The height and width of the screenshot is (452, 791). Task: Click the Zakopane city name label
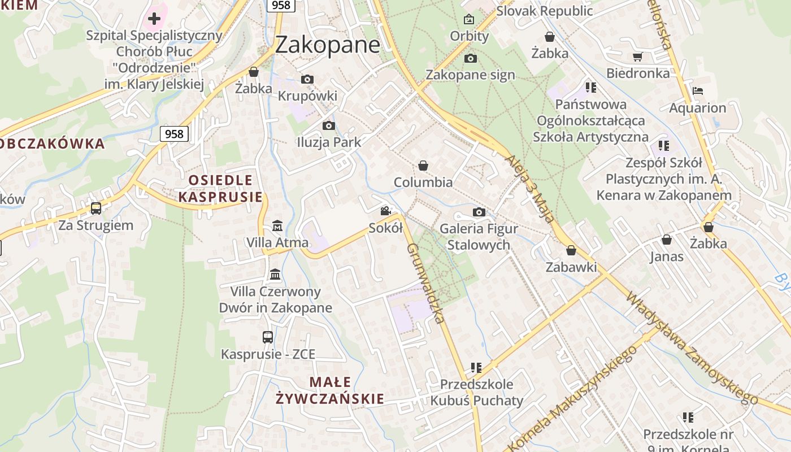tap(328, 45)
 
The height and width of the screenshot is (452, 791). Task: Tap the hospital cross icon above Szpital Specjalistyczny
tap(154, 19)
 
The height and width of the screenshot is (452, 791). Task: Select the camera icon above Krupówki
tap(307, 79)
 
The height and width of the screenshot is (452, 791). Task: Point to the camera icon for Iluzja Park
tap(328, 125)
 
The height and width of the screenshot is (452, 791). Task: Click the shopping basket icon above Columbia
tap(423, 166)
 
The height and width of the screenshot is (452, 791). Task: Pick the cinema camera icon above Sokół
tap(385, 211)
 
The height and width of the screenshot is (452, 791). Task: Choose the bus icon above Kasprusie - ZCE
tap(268, 337)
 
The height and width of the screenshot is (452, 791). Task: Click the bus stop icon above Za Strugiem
tap(96, 208)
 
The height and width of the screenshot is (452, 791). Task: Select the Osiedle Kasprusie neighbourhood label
tap(220, 188)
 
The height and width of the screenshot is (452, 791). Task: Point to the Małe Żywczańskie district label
tap(330, 390)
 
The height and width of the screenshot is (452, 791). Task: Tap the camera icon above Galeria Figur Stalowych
tap(479, 212)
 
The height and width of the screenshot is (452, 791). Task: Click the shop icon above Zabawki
tap(571, 250)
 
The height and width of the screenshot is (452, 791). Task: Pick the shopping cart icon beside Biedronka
tap(638, 56)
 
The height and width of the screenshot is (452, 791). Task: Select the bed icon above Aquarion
tap(698, 90)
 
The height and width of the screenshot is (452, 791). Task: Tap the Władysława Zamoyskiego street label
tap(692, 347)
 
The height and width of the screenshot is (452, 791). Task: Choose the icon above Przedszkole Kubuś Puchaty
tap(476, 368)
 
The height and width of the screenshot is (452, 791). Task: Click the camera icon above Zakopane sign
tap(470, 58)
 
